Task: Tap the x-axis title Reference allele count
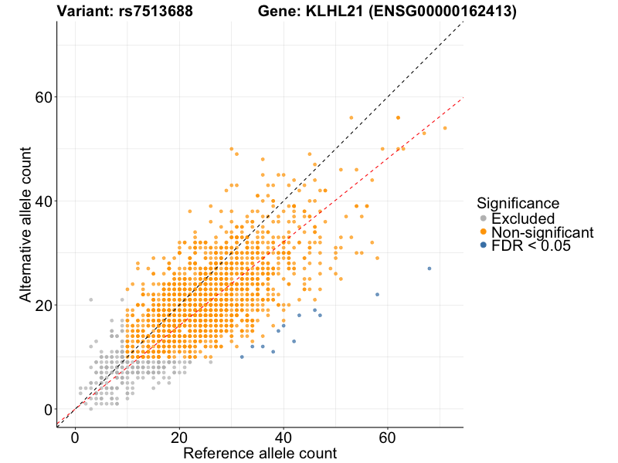[260, 453]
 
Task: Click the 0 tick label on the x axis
[75, 436]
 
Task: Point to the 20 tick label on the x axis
[179, 436]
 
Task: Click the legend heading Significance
[518, 204]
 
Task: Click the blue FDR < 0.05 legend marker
[483, 245]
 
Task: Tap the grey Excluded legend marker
[483, 218]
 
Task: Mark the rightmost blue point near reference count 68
[430, 269]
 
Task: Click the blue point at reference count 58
[377, 294]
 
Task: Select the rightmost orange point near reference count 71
[445, 128]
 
